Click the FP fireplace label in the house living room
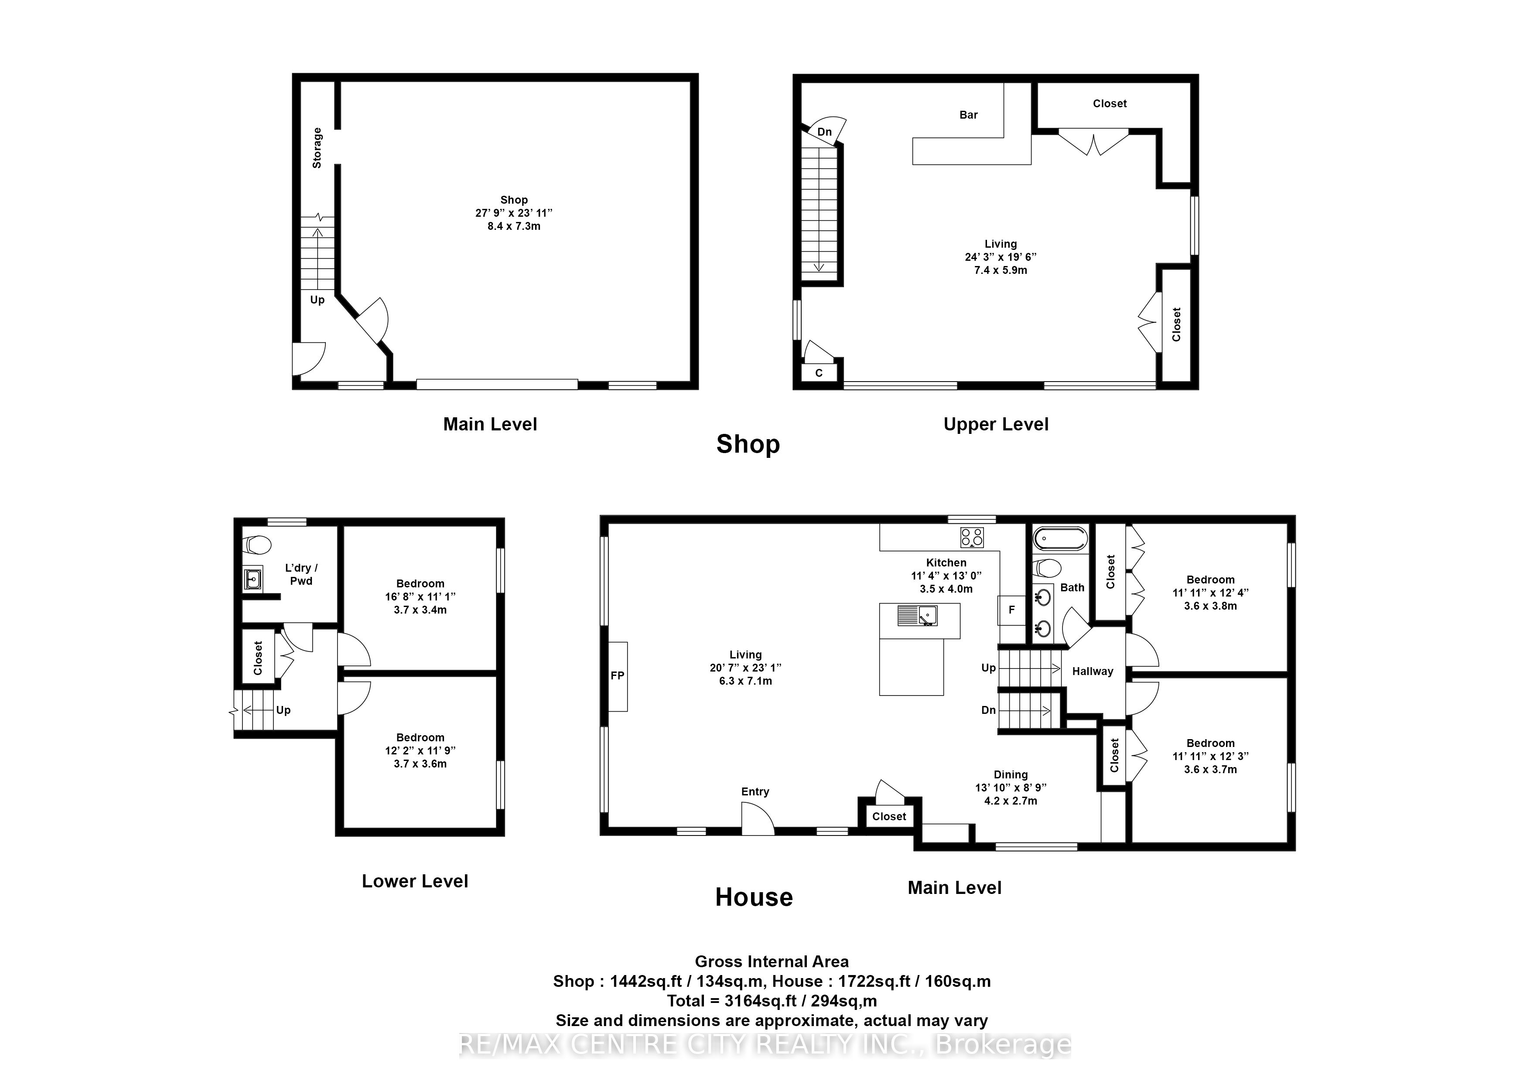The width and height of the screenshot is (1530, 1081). (618, 675)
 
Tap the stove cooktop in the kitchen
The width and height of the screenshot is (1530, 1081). (972, 537)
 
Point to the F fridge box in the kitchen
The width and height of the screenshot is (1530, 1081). (1011, 610)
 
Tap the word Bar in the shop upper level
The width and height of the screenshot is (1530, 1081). (968, 115)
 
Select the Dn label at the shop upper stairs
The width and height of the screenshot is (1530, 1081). (824, 132)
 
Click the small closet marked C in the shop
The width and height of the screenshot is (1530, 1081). (819, 372)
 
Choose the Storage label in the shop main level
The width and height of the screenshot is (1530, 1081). (317, 148)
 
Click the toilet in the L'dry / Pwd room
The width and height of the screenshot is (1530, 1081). (256, 545)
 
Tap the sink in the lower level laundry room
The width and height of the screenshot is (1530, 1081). (253, 580)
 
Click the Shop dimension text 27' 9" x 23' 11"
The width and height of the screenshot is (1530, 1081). (514, 213)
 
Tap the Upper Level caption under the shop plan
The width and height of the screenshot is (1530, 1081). (996, 424)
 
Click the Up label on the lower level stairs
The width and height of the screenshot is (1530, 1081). (283, 710)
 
